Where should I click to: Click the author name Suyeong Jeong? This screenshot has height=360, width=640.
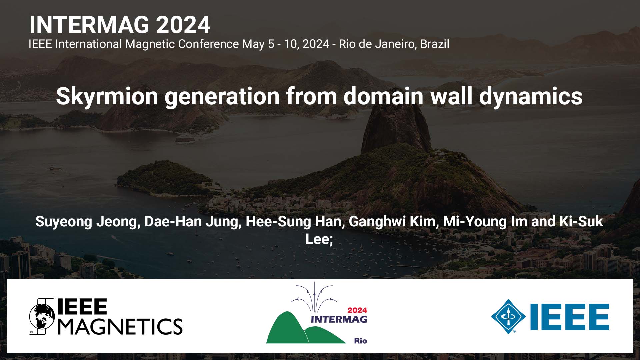pyautogui.click(x=88, y=222)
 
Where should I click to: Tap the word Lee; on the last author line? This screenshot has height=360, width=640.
pyautogui.click(x=319, y=239)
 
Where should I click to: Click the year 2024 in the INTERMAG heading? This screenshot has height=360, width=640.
pyautogui.click(x=183, y=25)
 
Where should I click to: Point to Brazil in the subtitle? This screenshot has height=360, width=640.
pyautogui.click(x=435, y=44)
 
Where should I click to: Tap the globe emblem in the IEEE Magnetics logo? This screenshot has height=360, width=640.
pyautogui.click(x=42, y=316)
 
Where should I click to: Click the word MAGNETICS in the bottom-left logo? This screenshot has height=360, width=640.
pyautogui.click(x=120, y=326)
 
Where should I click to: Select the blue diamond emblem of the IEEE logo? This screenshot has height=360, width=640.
pyautogui.click(x=508, y=316)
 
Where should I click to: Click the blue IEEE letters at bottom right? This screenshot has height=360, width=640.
pyautogui.click(x=570, y=317)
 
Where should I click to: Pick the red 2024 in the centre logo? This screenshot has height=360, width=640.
pyautogui.click(x=357, y=310)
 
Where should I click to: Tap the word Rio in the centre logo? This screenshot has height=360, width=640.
pyautogui.click(x=361, y=341)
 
